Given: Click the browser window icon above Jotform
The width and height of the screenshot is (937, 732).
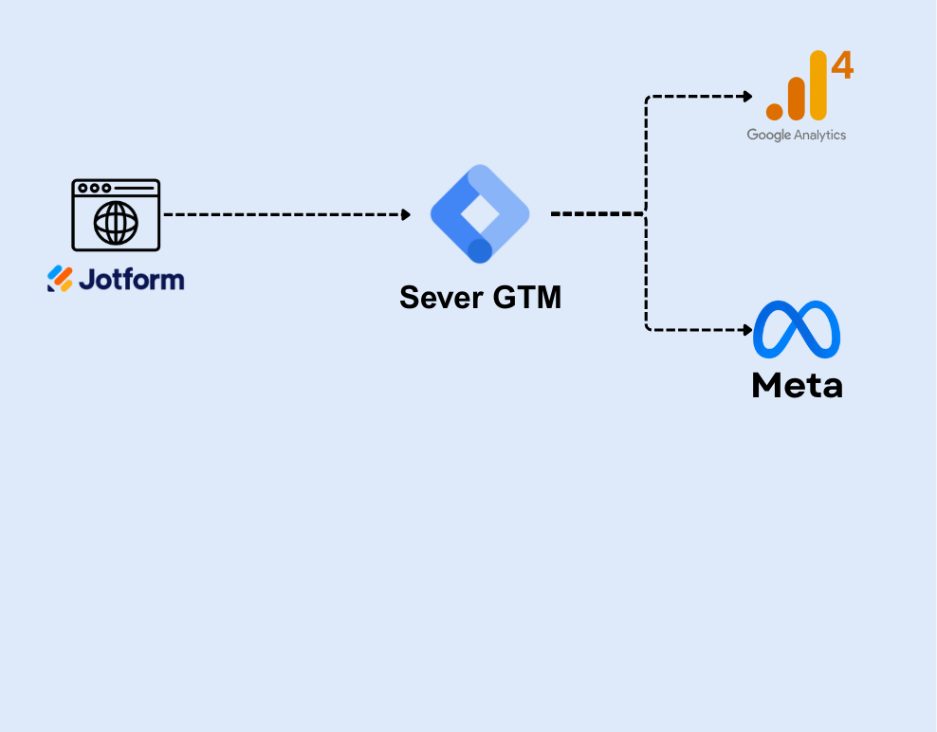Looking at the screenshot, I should click(116, 215).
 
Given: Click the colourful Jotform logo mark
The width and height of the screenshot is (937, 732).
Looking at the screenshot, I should click(60, 279).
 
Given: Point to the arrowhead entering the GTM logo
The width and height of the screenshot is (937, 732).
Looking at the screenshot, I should click(406, 215).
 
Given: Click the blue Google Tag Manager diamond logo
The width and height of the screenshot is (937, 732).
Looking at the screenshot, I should click(480, 213).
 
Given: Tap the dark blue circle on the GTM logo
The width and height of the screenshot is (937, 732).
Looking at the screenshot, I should click(480, 250).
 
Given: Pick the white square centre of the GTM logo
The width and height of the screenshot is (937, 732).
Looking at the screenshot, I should click(479, 212).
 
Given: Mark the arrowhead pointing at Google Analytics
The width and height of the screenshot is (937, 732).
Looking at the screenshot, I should click(747, 96).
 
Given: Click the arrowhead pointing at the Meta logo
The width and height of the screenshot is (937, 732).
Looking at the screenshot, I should click(747, 330).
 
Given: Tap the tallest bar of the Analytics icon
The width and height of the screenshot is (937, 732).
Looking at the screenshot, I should click(818, 85).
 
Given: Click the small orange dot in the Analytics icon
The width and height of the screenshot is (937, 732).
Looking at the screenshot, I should click(774, 111).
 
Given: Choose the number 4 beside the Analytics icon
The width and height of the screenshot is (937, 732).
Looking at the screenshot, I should click(842, 66).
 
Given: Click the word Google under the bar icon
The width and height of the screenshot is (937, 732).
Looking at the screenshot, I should click(768, 135).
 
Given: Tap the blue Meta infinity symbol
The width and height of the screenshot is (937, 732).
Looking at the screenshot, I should click(797, 329).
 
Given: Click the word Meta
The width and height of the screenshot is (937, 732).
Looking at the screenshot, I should click(797, 385).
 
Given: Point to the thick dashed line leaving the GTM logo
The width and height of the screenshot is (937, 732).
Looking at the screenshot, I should click(596, 214).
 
